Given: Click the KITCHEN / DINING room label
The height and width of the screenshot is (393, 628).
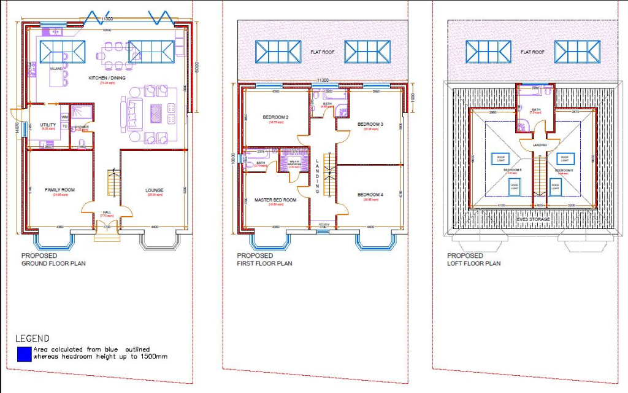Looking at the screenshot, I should pyautogui.click(x=107, y=78).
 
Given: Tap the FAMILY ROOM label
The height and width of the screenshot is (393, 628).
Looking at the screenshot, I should pyautogui.click(x=59, y=190).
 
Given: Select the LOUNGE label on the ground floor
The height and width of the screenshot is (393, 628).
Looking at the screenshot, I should pyautogui.click(x=154, y=190).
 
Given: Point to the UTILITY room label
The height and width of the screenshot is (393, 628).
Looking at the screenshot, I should pyautogui.click(x=48, y=125).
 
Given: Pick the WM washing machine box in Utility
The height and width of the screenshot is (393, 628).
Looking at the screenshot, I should pyautogui.click(x=64, y=116).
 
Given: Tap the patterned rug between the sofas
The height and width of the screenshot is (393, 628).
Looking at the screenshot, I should pyautogui.click(x=156, y=114).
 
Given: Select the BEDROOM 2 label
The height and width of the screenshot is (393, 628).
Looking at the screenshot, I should pyautogui.click(x=275, y=117).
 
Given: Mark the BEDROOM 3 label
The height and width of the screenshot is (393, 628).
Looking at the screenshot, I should pyautogui.click(x=370, y=124).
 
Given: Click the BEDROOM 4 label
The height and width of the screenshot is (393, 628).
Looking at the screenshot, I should pyautogui.click(x=370, y=195).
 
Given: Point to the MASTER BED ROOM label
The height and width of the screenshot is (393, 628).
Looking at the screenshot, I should pyautogui.click(x=275, y=200).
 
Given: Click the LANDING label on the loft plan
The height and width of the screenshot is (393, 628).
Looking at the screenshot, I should pyautogui.click(x=540, y=145).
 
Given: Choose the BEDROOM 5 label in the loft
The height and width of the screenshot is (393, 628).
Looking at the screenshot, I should pyautogui.click(x=512, y=169).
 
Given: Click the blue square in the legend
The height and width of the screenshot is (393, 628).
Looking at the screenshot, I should pyautogui.click(x=24, y=353).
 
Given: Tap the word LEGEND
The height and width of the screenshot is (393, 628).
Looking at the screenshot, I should pyautogui.click(x=32, y=338).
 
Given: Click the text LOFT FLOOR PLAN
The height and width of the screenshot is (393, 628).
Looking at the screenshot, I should pyautogui.click(x=473, y=263).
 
